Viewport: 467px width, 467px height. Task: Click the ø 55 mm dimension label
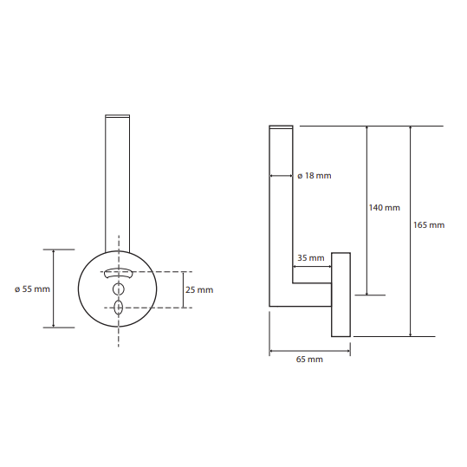coord(32,289)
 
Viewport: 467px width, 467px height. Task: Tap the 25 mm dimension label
coord(199,289)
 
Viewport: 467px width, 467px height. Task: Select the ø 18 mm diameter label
coord(315,176)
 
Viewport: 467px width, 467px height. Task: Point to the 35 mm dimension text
coord(311,258)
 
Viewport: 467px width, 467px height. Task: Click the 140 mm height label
coord(384,208)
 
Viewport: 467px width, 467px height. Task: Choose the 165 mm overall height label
coord(429,225)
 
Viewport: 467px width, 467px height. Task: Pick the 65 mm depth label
coord(309,360)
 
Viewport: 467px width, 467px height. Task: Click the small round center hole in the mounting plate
coord(119,289)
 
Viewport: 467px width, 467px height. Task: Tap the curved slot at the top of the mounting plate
coord(118,273)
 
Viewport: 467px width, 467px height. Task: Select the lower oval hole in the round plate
coord(119,308)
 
